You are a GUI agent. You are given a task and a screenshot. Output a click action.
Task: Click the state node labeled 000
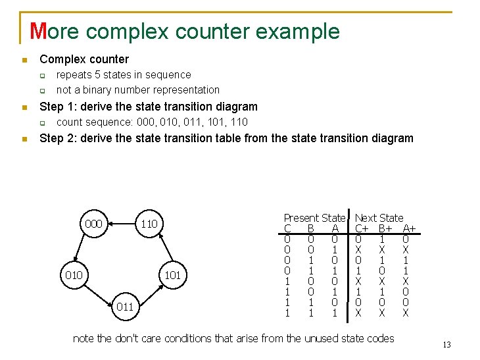[93, 224]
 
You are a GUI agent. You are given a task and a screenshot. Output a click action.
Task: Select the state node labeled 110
[149, 224]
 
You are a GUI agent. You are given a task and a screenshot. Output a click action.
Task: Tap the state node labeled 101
[172, 274]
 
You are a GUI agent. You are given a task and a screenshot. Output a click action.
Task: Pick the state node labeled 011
[124, 307]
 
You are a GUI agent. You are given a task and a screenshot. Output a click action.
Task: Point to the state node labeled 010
[74, 274]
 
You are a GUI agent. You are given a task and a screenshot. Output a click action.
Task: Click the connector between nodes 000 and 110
[122, 224]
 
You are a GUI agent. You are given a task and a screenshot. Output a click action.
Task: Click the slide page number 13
[446, 346]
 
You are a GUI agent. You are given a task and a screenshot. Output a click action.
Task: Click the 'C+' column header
[362, 228]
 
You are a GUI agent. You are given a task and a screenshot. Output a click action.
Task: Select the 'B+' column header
[386, 228]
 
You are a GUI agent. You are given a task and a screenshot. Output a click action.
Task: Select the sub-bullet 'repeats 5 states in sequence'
[124, 75]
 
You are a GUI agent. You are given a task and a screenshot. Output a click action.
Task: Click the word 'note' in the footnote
[84, 338]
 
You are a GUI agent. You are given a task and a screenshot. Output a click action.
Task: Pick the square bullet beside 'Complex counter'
[24, 60]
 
